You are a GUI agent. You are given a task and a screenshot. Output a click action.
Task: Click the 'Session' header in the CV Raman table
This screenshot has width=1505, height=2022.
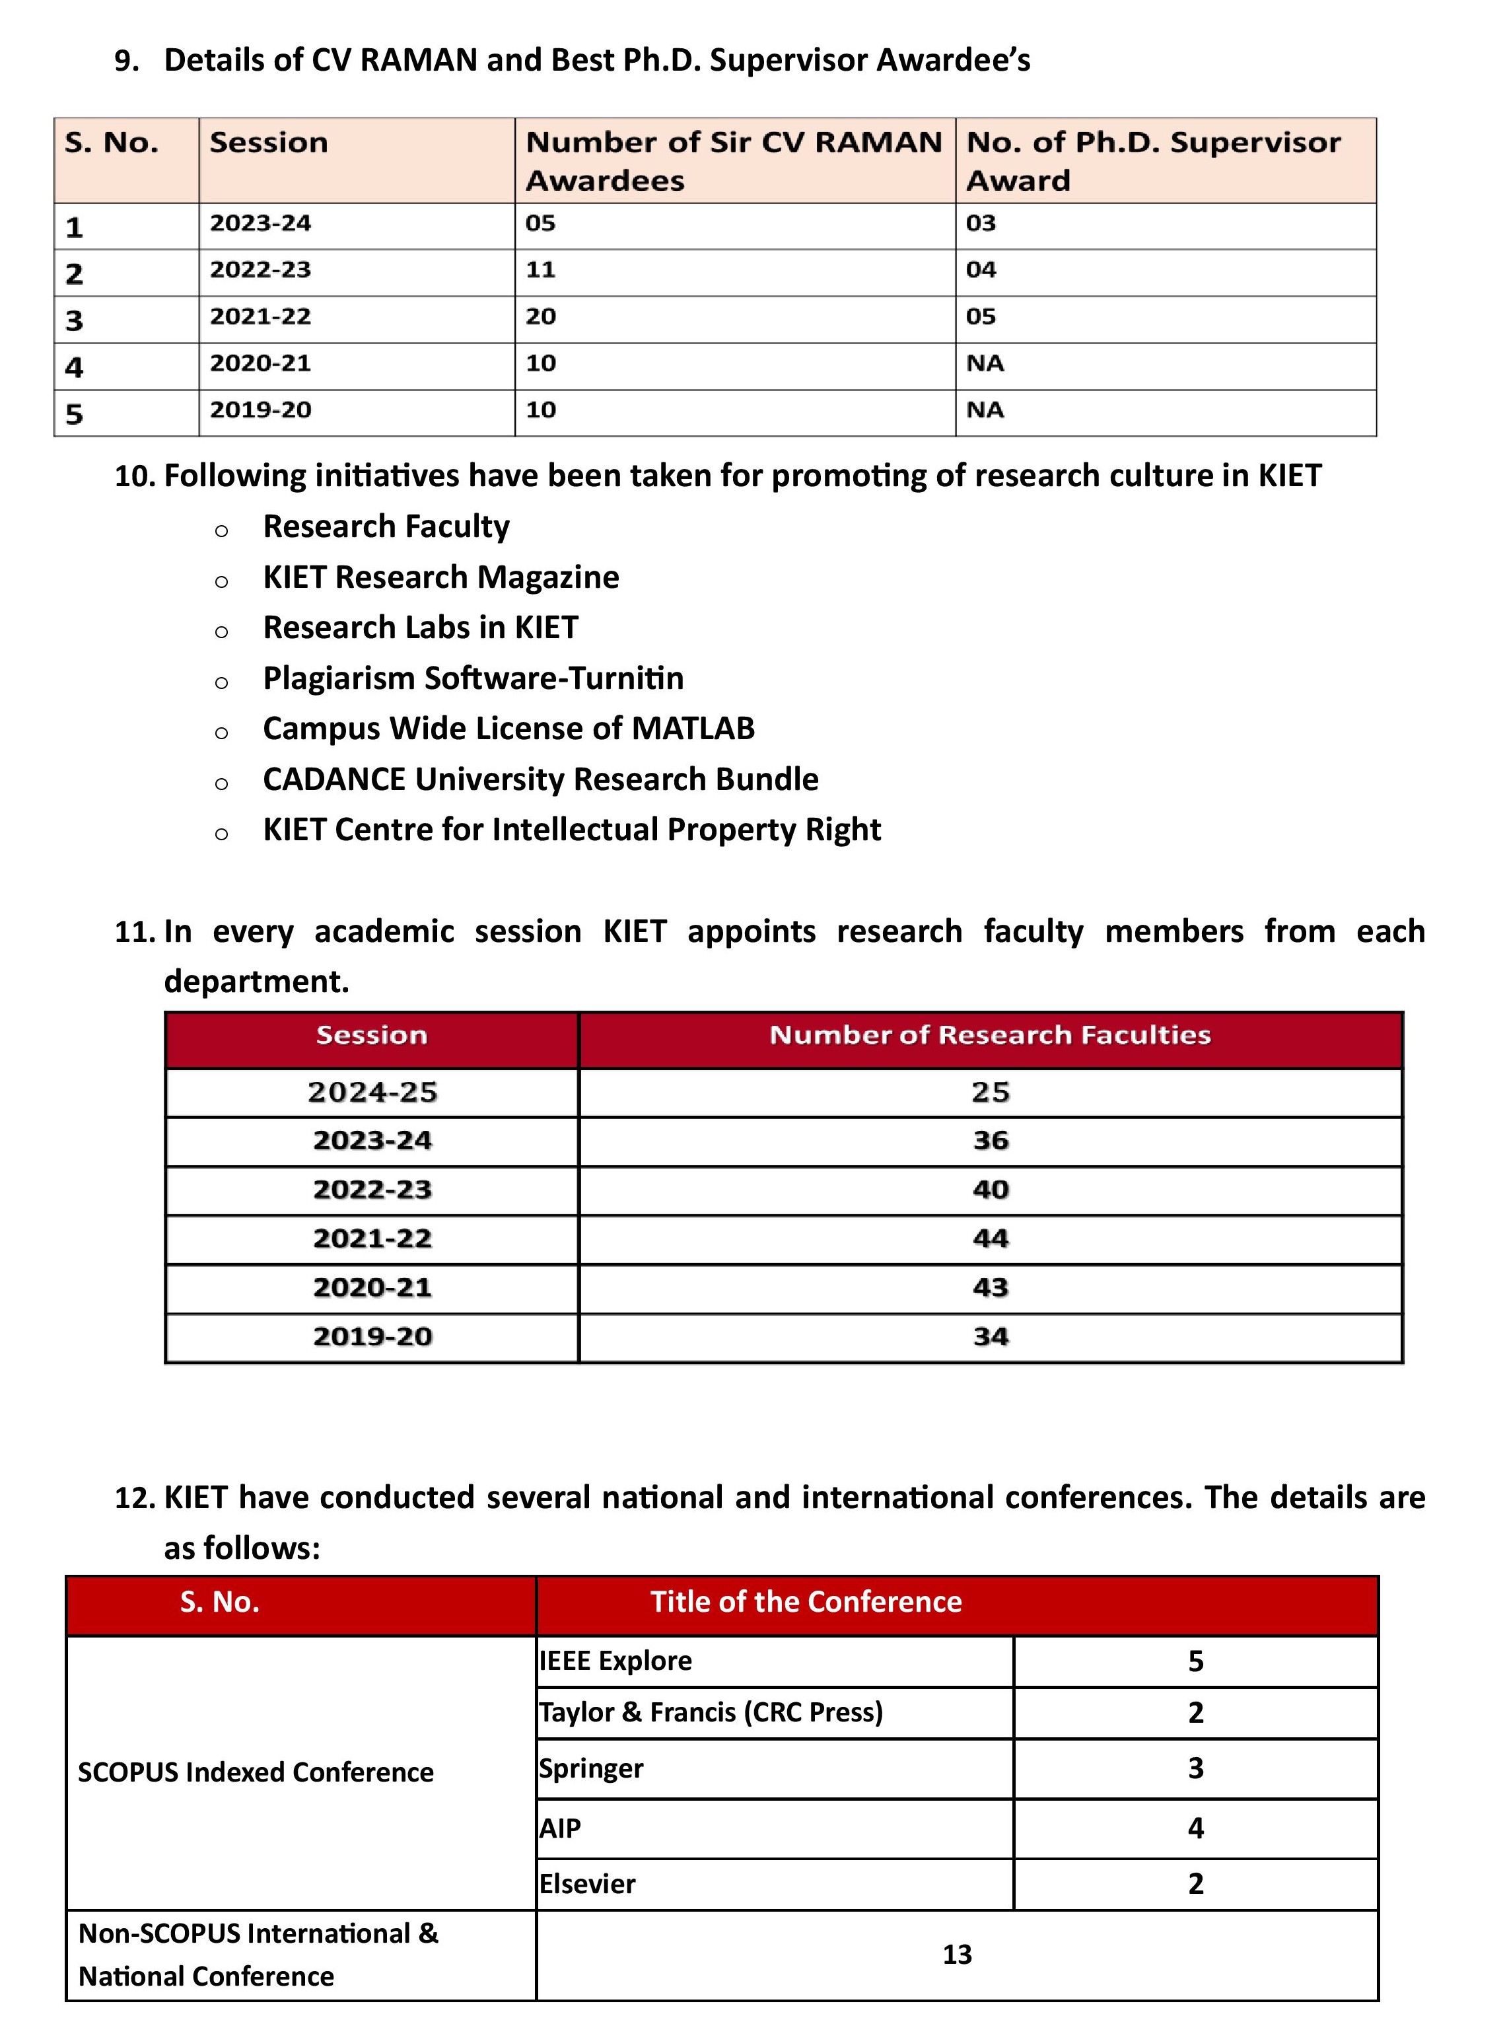point(268,143)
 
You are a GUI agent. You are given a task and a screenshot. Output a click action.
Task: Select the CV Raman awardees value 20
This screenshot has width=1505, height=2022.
point(540,316)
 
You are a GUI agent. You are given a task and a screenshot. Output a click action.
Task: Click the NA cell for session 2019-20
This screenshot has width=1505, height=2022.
point(985,410)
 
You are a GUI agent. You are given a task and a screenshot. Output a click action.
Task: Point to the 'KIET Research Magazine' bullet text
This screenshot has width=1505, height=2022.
point(441,577)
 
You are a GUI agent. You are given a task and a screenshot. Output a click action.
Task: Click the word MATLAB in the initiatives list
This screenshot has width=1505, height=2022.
point(692,728)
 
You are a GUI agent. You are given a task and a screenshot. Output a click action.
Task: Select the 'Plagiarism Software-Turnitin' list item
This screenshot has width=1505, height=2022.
point(473,678)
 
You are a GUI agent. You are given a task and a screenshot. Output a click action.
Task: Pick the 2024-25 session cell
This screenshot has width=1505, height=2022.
point(372,1092)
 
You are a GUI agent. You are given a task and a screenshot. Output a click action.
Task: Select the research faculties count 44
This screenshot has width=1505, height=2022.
point(991,1239)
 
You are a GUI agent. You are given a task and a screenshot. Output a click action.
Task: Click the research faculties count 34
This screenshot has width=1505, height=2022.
point(991,1337)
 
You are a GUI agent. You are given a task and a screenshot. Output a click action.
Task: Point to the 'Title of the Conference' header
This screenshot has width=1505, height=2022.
point(806,1602)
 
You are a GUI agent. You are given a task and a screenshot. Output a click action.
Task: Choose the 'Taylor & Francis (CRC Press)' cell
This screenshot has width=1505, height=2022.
point(711,1712)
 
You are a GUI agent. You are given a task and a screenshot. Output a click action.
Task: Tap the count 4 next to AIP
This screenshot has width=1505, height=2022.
point(1195,1828)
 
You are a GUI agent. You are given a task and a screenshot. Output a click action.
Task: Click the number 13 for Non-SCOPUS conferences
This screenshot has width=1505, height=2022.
point(957,1955)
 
